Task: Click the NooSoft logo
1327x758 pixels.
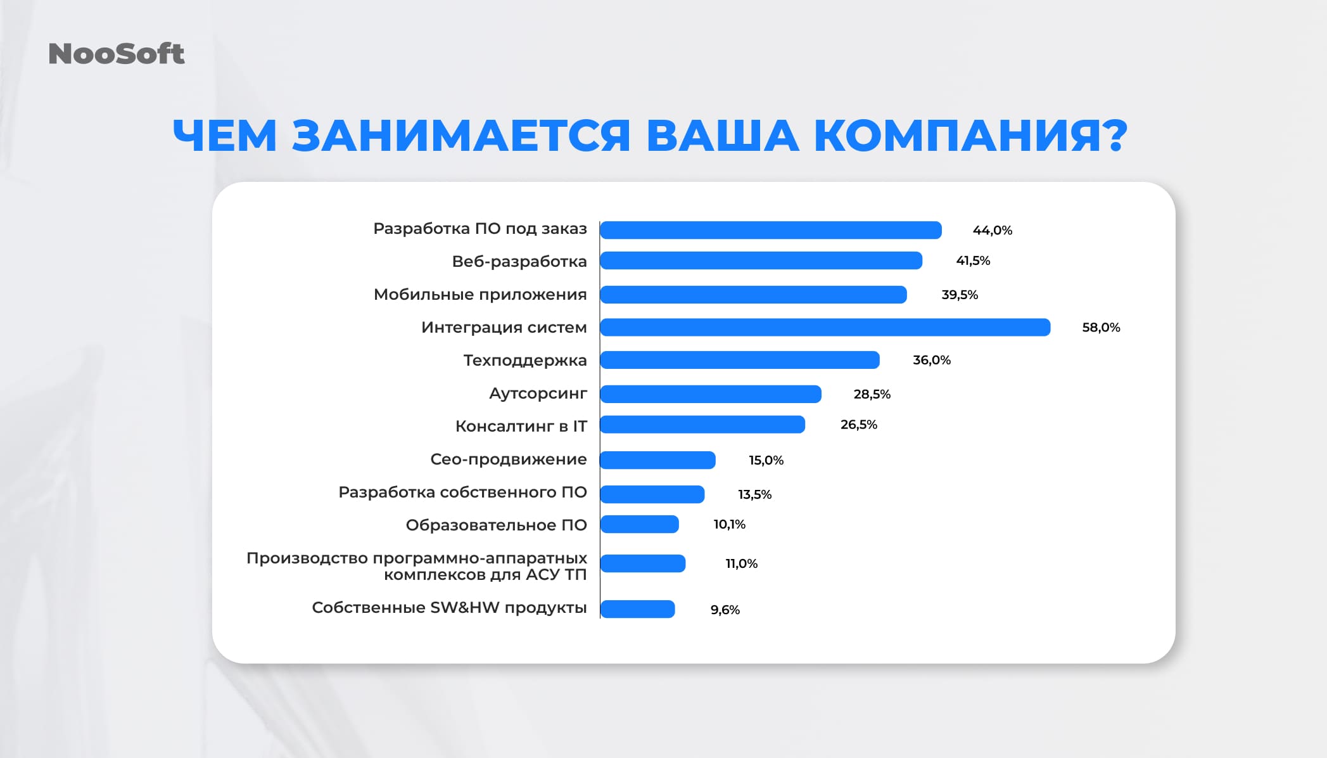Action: click(x=117, y=54)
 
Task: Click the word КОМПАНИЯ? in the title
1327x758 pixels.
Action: click(x=970, y=136)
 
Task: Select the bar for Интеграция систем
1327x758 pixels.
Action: click(x=825, y=328)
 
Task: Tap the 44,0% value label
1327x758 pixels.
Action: click(x=992, y=231)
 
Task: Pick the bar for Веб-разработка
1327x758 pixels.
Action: click(x=761, y=260)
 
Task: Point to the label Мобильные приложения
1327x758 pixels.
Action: click(x=480, y=295)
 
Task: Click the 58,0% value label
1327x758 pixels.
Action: click(x=1101, y=328)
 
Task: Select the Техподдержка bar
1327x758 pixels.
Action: click(x=739, y=360)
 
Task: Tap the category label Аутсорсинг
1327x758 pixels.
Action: click(x=538, y=394)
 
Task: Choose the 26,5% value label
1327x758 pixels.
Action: click(x=858, y=425)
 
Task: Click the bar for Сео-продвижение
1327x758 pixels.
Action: click(x=657, y=460)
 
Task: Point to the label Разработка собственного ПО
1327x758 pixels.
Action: click(x=462, y=492)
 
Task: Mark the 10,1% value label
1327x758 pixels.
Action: click(x=729, y=525)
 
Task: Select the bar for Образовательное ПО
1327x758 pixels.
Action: click(x=639, y=524)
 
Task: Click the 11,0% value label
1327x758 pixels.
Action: click(x=741, y=563)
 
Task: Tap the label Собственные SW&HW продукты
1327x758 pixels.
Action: click(x=449, y=608)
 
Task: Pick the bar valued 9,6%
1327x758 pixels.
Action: click(x=637, y=609)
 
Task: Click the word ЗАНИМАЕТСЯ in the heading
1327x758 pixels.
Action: click(x=461, y=136)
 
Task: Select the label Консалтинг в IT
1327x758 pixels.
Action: click(x=521, y=427)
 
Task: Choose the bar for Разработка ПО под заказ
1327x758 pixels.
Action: click(x=770, y=230)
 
